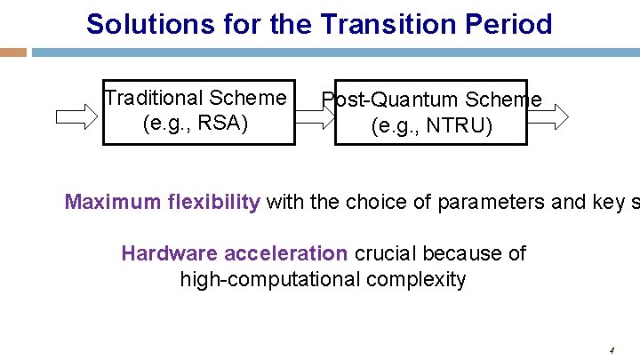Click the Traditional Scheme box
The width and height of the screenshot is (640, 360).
[x=198, y=111]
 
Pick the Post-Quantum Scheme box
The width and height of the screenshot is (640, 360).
[x=431, y=113]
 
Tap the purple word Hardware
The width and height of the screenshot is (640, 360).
[x=169, y=253]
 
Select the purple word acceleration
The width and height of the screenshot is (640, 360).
[x=285, y=253]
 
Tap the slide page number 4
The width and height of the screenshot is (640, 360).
[x=612, y=350]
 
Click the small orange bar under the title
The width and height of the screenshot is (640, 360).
[x=12, y=52]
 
